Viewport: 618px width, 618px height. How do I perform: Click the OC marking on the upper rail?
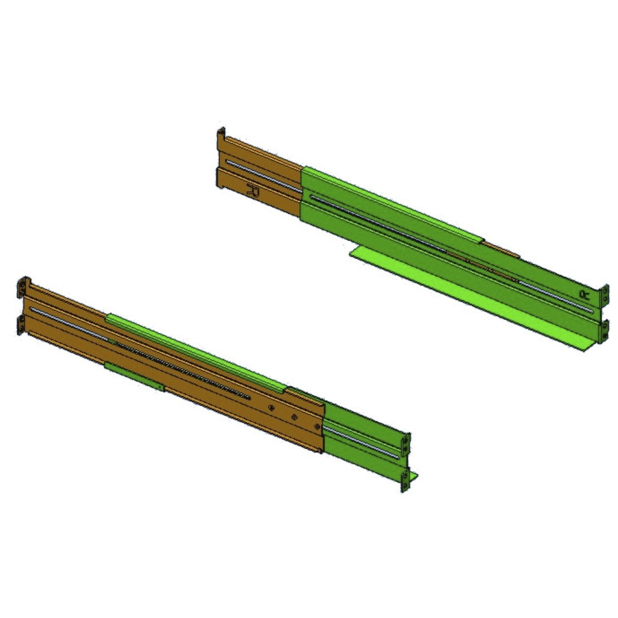click(584, 294)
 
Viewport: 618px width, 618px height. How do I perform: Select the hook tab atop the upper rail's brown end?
click(221, 133)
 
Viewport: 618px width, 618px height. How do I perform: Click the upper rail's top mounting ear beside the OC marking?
click(604, 295)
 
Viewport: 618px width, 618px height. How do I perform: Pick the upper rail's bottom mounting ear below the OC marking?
click(605, 330)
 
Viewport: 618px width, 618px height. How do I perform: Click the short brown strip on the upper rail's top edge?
click(501, 248)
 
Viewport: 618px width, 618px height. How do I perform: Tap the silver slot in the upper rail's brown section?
click(263, 174)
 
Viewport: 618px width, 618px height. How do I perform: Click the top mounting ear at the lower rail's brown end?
click(23, 287)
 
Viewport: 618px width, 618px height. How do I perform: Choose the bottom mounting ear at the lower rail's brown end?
click(22, 323)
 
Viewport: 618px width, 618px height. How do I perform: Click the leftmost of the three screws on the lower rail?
click(271, 407)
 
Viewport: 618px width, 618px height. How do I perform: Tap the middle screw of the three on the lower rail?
click(294, 416)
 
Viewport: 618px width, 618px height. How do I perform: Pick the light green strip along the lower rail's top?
click(193, 351)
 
